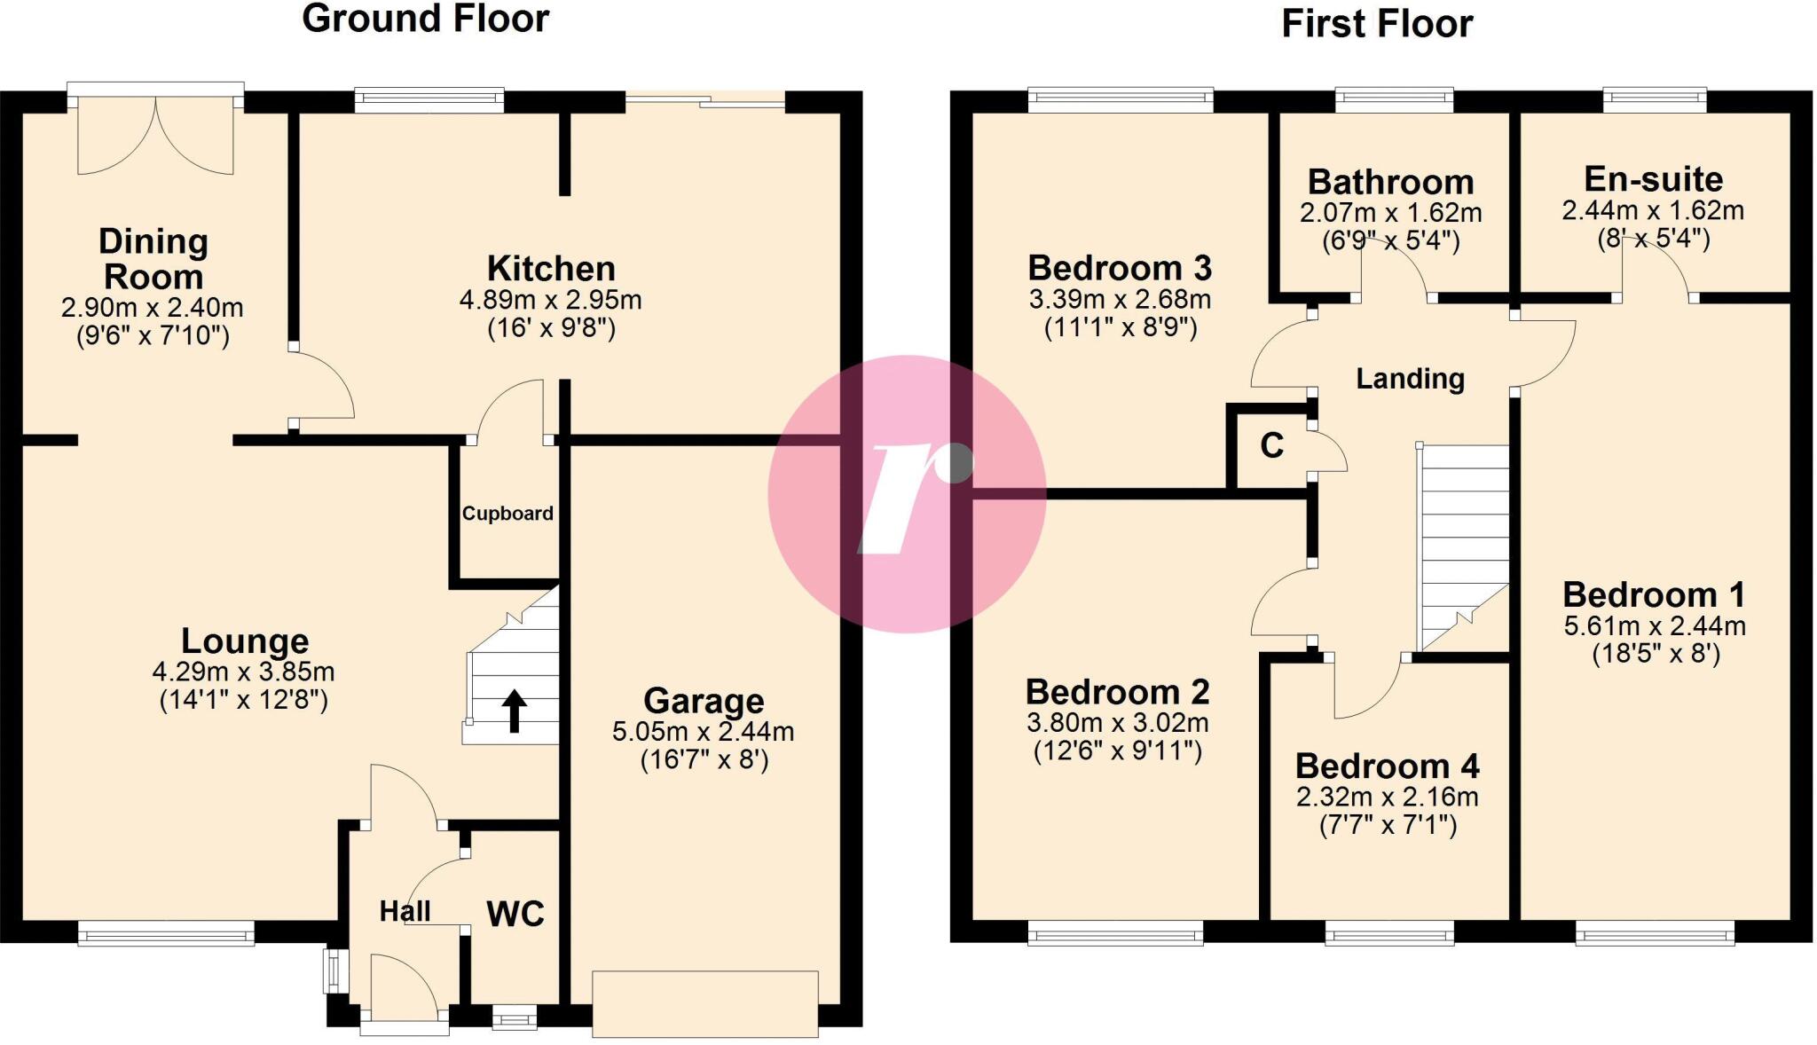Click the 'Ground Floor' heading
click(426, 19)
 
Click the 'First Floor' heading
click(1377, 24)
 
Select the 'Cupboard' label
click(507, 514)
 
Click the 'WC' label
click(515, 914)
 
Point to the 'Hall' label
click(405, 911)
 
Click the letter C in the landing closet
click(1271, 445)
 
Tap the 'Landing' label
click(1410, 379)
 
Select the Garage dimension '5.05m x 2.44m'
click(703, 732)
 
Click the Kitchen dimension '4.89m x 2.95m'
click(550, 300)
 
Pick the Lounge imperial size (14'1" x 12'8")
click(244, 700)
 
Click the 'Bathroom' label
click(1390, 182)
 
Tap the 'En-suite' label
click(1653, 179)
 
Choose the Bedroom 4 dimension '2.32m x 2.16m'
click(1387, 797)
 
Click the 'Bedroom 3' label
click(1120, 267)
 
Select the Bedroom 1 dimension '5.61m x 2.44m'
click(1654, 625)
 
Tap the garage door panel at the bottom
click(704, 1003)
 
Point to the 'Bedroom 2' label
click(1117, 692)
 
